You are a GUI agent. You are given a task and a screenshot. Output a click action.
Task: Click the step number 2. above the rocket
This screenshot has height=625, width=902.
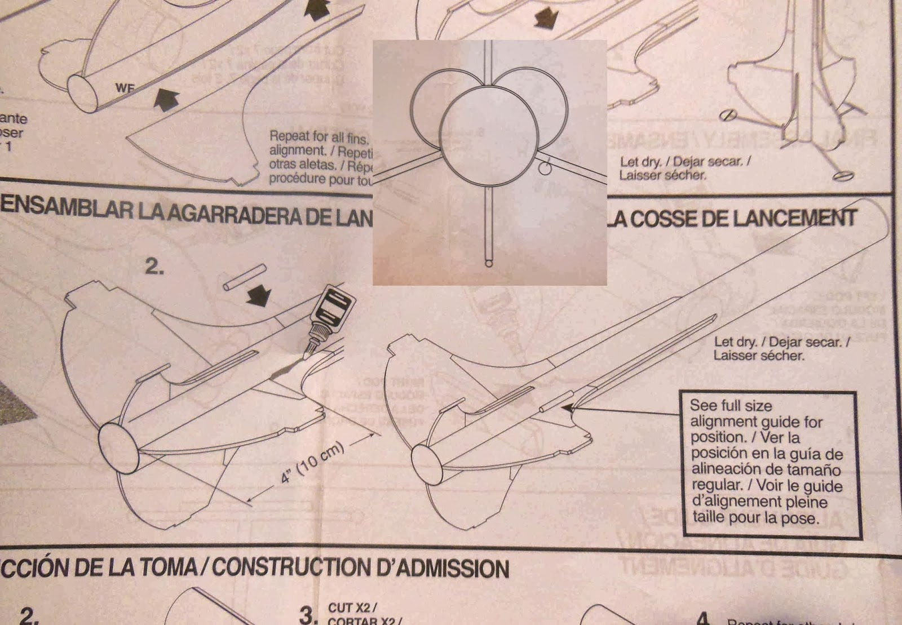pyautogui.click(x=154, y=267)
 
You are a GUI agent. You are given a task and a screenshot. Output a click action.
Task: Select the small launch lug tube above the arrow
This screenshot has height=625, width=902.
pyautogui.click(x=244, y=277)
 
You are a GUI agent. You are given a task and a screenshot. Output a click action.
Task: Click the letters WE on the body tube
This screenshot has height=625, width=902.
pyautogui.click(x=125, y=88)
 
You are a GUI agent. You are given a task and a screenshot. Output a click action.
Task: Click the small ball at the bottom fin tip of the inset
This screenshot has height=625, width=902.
pyautogui.click(x=488, y=263)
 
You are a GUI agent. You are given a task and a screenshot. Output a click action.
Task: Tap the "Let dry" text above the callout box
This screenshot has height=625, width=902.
pyautogui.click(x=781, y=348)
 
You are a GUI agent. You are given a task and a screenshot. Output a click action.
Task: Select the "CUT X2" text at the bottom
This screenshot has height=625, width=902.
pyautogui.click(x=352, y=608)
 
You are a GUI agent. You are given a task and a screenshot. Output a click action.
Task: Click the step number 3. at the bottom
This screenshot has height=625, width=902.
pyautogui.click(x=308, y=615)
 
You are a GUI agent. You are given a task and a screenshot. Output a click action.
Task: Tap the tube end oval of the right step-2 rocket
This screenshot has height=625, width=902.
pyautogui.click(x=427, y=463)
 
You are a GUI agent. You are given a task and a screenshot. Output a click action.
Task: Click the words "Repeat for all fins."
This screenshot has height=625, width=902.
pyautogui.click(x=319, y=137)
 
